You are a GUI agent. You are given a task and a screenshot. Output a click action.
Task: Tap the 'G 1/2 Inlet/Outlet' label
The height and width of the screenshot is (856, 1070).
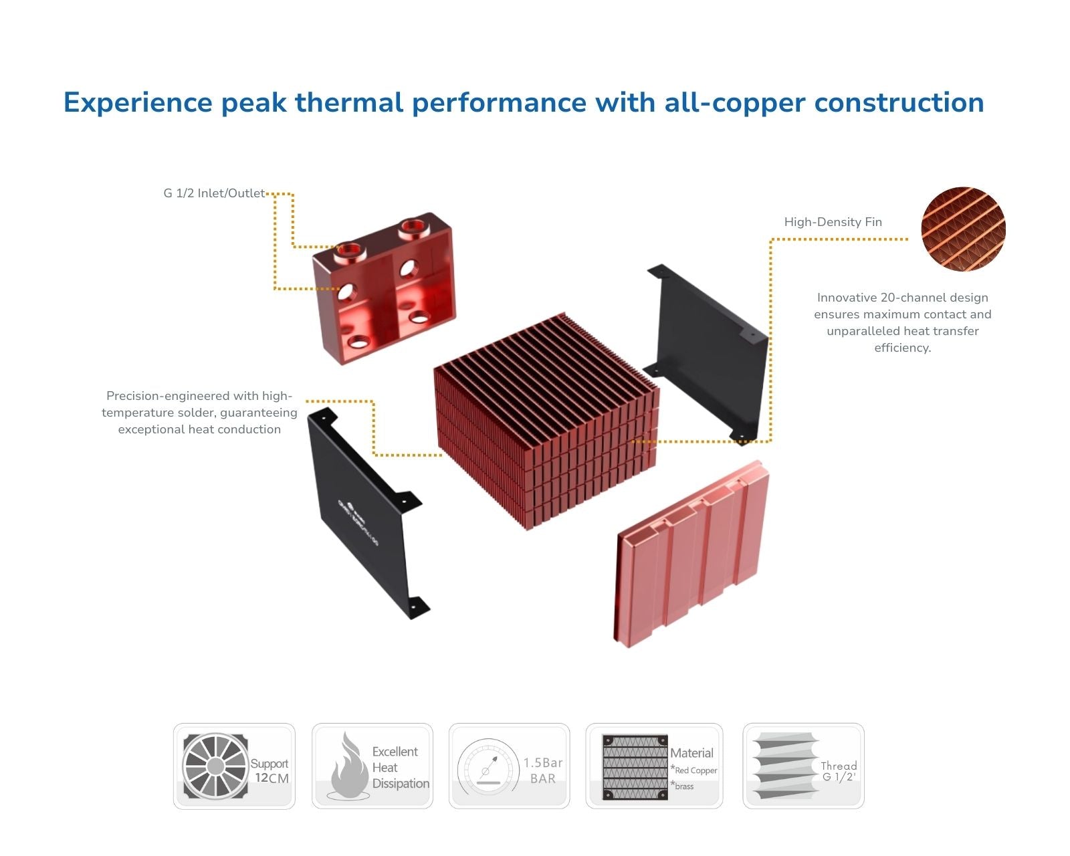(x=214, y=193)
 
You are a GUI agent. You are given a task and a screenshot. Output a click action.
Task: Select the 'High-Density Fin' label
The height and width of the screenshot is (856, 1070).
(x=833, y=222)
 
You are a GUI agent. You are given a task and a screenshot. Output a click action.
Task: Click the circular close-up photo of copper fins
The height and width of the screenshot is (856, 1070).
(x=963, y=229)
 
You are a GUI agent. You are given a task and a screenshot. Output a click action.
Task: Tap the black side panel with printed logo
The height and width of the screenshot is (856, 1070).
(x=364, y=512)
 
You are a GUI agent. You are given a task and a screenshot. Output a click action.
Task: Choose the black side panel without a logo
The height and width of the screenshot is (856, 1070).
(x=709, y=348)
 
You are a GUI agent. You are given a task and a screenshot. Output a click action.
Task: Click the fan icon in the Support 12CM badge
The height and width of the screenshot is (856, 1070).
(x=215, y=766)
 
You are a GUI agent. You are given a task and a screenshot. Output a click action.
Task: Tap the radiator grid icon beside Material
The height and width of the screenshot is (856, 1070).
(x=635, y=766)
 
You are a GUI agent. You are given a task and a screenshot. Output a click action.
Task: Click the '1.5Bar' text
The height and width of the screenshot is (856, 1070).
(x=543, y=762)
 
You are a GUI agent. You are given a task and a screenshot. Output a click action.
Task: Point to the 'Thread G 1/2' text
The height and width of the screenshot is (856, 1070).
(x=839, y=771)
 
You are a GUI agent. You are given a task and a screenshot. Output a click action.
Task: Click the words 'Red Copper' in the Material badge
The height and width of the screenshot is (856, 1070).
(x=695, y=770)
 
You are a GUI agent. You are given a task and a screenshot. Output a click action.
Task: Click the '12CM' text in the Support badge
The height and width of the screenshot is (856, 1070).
(x=272, y=778)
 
